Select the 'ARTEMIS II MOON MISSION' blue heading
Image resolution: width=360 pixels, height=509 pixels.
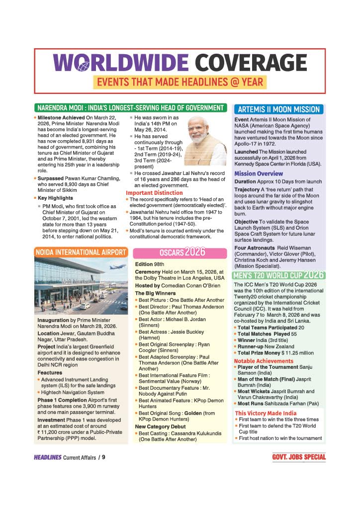click(x=278, y=109)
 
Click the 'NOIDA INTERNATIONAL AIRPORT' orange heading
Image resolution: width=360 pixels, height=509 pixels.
click(x=81, y=252)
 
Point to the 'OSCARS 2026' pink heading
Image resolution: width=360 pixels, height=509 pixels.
click(x=182, y=252)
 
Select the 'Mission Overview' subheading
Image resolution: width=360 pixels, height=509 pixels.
click(x=259, y=173)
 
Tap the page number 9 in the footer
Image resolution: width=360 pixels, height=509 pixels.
click(x=103, y=457)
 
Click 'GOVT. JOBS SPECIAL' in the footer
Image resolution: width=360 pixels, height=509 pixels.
click(x=299, y=457)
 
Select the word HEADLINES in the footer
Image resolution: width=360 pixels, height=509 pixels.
click(x=47, y=457)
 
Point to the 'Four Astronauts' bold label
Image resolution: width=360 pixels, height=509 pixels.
click(x=254, y=248)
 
